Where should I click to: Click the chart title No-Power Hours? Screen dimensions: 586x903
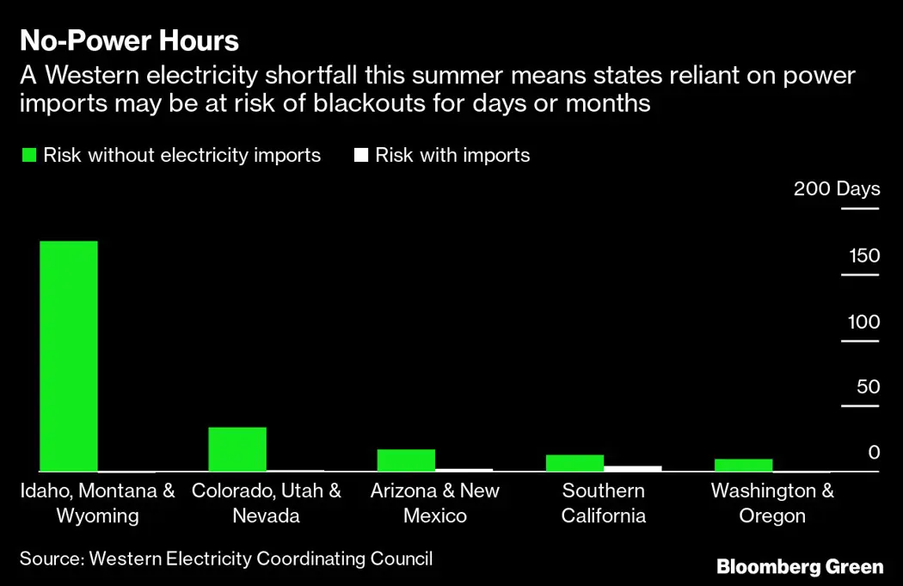click(x=129, y=40)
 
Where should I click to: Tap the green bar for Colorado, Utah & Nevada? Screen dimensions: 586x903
click(x=237, y=448)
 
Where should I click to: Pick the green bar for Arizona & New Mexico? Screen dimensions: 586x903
click(x=406, y=460)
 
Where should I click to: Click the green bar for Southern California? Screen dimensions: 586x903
click(x=574, y=462)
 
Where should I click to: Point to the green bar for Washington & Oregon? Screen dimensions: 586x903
click(x=743, y=465)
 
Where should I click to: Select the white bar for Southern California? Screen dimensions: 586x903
click(x=633, y=468)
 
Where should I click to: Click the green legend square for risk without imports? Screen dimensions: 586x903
click(x=28, y=156)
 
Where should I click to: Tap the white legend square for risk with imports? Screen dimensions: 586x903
click(x=361, y=156)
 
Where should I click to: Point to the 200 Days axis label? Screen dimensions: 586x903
click(x=837, y=188)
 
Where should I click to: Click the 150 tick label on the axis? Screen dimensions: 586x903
click(x=864, y=256)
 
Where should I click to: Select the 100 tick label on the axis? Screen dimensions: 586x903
click(x=864, y=322)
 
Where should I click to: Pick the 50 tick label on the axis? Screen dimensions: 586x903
click(x=868, y=387)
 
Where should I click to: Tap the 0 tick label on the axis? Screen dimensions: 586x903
click(x=874, y=453)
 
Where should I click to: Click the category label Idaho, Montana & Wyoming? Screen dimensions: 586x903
click(x=97, y=503)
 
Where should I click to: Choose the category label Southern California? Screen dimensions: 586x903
click(x=603, y=503)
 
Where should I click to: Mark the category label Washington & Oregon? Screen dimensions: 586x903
click(x=772, y=503)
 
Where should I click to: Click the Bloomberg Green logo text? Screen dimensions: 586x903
click(x=800, y=566)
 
